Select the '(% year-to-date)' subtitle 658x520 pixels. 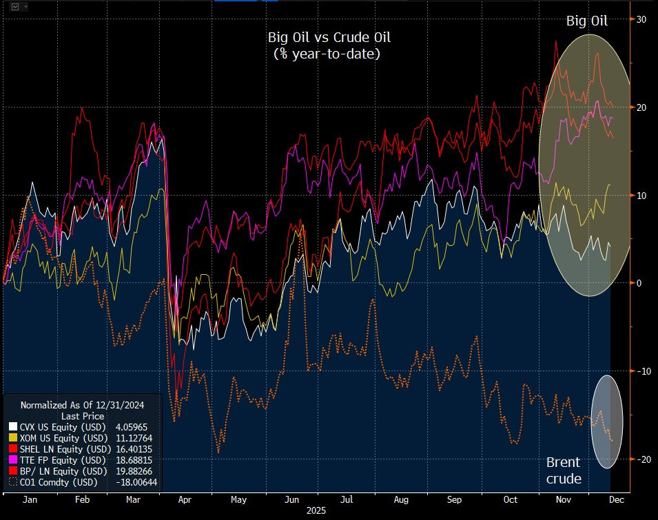(327, 53)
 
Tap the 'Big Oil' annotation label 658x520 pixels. (587, 21)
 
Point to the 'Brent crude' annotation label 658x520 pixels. (563, 470)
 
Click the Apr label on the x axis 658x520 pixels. (184, 501)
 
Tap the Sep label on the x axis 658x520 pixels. (454, 501)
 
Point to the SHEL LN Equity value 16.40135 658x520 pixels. (138, 449)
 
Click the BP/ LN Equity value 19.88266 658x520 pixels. (138, 471)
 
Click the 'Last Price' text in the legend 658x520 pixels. (83, 416)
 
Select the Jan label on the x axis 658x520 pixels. (30, 501)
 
